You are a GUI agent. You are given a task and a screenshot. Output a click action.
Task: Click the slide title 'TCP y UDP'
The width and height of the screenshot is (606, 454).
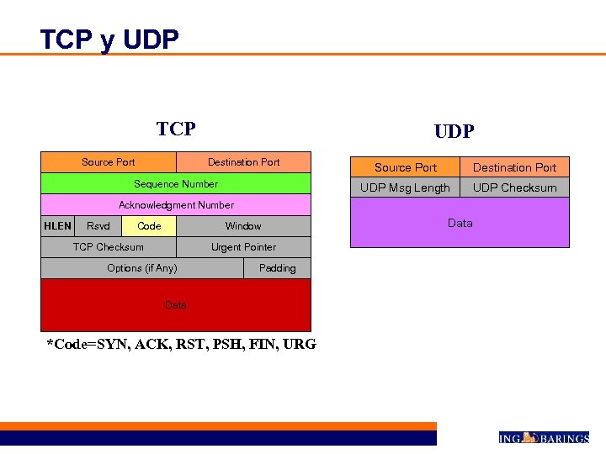109,40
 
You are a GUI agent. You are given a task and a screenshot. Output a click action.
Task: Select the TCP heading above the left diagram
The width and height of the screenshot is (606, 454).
176,129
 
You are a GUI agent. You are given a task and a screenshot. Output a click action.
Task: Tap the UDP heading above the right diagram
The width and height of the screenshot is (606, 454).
454,131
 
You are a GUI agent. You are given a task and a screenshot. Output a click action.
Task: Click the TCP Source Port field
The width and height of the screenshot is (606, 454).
109,162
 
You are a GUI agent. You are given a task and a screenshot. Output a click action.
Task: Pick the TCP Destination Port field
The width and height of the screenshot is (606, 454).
243,162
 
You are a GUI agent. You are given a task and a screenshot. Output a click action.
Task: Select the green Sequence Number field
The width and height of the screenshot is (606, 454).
176,184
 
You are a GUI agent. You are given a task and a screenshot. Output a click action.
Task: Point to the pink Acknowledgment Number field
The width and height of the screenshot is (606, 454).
176,205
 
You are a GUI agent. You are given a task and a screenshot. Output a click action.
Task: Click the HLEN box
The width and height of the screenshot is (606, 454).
57,226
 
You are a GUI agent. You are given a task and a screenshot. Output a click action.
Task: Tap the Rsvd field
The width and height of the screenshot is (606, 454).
98,226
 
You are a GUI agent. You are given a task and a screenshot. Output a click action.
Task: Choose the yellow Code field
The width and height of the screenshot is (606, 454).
149,226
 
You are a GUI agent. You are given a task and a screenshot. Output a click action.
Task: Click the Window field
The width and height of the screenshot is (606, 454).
243,226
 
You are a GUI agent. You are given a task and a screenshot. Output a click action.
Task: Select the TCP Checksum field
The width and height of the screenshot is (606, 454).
109,247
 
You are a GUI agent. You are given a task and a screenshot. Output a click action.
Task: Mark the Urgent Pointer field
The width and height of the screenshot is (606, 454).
243,247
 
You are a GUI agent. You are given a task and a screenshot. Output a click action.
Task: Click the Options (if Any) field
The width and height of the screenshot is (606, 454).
142,268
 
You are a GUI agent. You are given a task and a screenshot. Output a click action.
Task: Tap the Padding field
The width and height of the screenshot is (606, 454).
278,268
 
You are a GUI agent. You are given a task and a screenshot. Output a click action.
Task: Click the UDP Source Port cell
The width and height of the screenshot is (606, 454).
406,167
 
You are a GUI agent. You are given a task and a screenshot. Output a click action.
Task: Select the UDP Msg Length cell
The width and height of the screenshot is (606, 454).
406,187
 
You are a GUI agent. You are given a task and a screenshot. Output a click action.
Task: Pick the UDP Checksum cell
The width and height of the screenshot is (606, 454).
514,187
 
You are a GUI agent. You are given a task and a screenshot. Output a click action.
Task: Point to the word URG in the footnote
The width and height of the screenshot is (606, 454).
300,344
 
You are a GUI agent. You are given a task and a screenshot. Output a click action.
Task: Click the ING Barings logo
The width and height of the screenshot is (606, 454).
543,437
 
